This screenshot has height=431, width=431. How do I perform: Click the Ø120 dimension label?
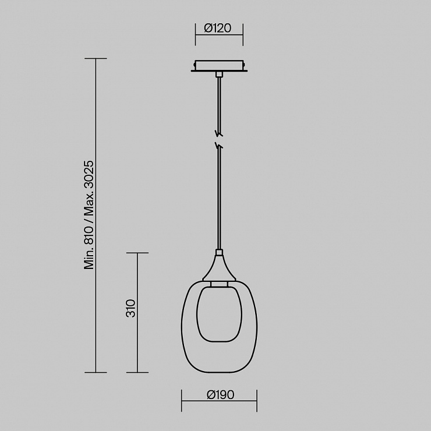click(218, 28)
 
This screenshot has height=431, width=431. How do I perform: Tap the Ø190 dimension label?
click(220, 395)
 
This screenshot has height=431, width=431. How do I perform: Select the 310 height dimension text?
click(131, 309)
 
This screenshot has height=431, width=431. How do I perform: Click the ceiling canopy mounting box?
click(219, 66)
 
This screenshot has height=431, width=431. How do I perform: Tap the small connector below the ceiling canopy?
click(219, 75)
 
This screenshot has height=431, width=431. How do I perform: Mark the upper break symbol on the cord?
click(220, 133)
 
